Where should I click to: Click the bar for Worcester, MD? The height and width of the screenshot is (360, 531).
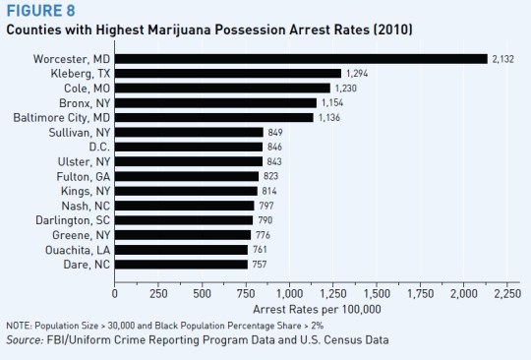point(301,59)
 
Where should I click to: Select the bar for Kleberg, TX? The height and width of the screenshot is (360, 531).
point(228,74)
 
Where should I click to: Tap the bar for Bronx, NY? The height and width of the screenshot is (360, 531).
point(215,102)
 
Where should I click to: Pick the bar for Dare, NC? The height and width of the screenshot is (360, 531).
point(181,264)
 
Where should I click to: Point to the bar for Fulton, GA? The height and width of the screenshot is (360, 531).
point(187,176)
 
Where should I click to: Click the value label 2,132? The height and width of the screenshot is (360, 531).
point(503,59)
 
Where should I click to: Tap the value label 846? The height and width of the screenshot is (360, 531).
point(277,147)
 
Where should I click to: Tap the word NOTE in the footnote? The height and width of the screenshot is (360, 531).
point(18,328)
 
